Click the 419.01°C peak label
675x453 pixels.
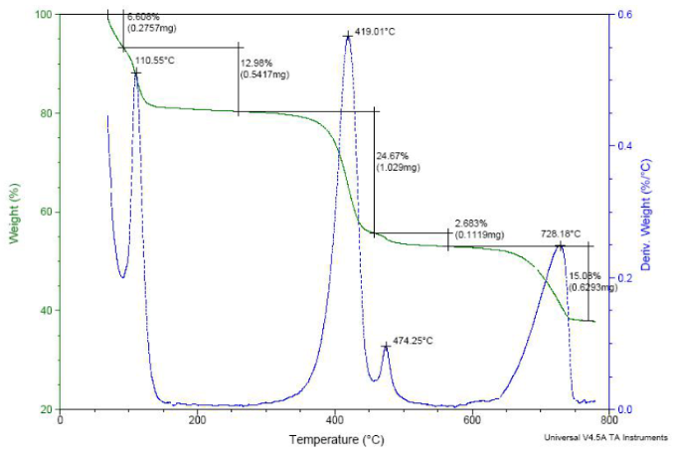coord(375,33)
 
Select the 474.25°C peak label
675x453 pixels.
coord(414,341)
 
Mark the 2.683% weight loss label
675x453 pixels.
coord(472,224)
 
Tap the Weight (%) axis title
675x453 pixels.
coord(15,213)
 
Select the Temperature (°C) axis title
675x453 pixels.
coord(337,438)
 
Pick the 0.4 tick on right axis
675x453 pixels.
coord(624,146)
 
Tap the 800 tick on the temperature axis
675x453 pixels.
coord(609,420)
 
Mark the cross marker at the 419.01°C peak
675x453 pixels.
coord(348,36)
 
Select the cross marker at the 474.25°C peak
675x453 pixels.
coord(386,346)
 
